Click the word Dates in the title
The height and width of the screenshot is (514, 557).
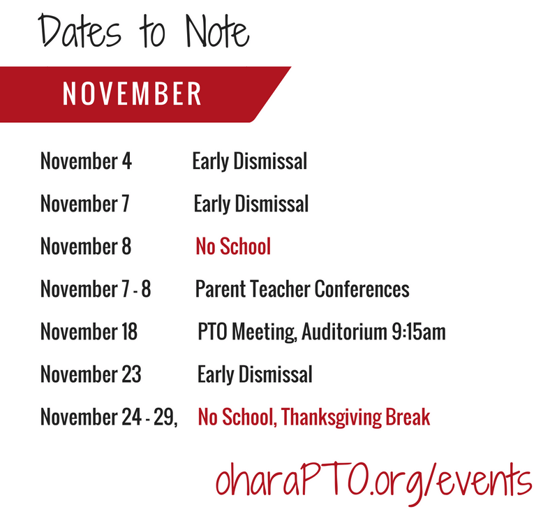(x=80, y=31)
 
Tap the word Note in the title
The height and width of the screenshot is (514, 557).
(x=217, y=31)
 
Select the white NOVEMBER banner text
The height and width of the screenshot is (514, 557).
(x=132, y=94)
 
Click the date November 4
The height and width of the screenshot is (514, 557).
(x=86, y=161)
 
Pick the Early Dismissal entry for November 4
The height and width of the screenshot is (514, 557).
(x=250, y=162)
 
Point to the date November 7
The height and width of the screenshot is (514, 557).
(x=85, y=204)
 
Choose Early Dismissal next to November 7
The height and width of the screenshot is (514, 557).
(x=251, y=205)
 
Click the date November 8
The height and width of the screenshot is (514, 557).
(x=86, y=247)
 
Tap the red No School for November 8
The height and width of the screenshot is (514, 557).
(x=233, y=247)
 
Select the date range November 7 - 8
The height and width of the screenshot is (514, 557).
(x=96, y=289)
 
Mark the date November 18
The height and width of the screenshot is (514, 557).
(x=89, y=332)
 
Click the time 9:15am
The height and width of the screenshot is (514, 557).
(x=419, y=332)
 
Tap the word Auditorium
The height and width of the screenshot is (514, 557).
(x=345, y=332)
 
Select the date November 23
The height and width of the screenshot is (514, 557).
(x=91, y=374)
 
